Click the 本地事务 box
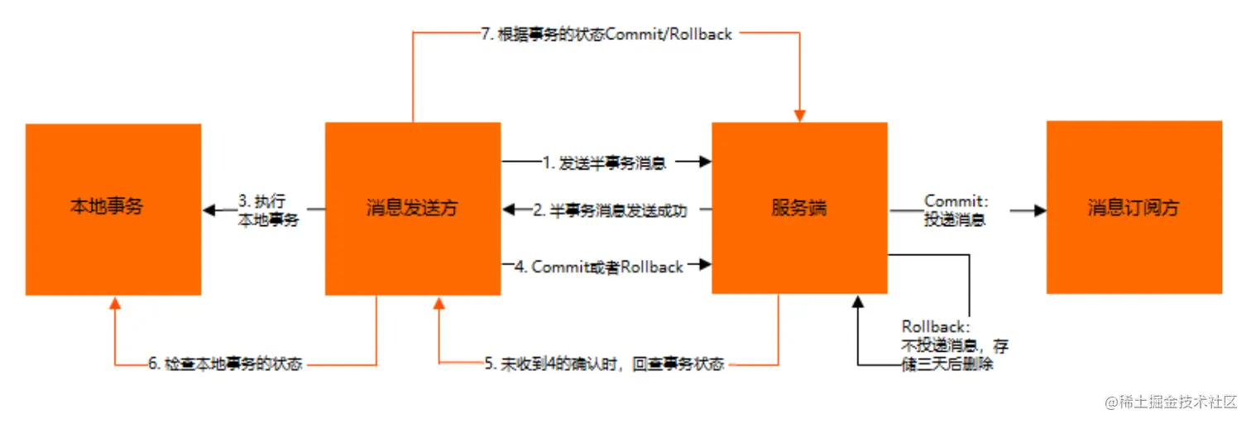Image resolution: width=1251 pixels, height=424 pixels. (x=113, y=209)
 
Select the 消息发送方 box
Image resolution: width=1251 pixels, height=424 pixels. (x=412, y=209)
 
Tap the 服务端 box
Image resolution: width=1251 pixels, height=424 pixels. (x=799, y=208)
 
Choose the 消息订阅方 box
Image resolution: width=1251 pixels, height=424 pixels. (x=1134, y=207)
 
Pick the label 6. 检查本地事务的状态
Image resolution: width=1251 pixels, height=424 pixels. (x=225, y=364)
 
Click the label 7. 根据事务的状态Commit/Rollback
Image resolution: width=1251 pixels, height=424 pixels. (x=607, y=35)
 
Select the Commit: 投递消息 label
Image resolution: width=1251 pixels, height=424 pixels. (x=956, y=210)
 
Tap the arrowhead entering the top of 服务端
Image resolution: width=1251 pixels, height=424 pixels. (x=799, y=115)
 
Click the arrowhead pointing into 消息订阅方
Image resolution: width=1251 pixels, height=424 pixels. (x=1040, y=211)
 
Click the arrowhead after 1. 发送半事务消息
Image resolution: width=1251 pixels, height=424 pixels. (x=705, y=162)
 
